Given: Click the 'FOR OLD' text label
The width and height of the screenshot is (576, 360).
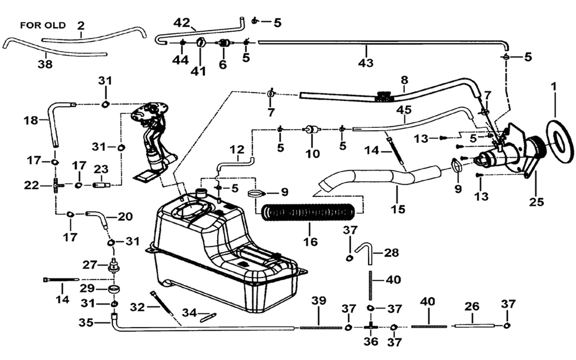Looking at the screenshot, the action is coord(43,25).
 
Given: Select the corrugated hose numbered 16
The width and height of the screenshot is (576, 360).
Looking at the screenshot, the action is coord(309,213).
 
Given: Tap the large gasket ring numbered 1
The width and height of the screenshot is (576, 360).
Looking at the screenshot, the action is coord(560,141).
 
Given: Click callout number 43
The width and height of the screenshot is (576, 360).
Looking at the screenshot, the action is coord(366,63).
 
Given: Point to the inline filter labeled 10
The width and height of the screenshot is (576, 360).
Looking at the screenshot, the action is coord(312,130).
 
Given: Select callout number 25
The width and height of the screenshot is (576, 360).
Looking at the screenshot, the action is coord(536,202).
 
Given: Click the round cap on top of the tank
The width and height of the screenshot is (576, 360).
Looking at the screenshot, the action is coord(201,192).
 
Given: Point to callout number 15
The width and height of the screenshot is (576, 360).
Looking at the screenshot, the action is coord(398,209).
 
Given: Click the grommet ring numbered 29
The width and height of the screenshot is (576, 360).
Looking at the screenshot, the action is coord(114,289).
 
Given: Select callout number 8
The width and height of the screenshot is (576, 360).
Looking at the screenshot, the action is coord(404,79).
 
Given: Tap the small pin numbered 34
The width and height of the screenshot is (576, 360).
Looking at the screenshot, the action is coord(209,317).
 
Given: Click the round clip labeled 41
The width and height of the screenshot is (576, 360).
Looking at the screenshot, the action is coord(200,42).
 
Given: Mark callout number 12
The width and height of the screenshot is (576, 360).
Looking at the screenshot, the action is coord(238,150).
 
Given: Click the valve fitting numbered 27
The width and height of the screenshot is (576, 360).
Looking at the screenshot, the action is coord(114,265).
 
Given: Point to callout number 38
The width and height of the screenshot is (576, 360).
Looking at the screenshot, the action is coord(45,65).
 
